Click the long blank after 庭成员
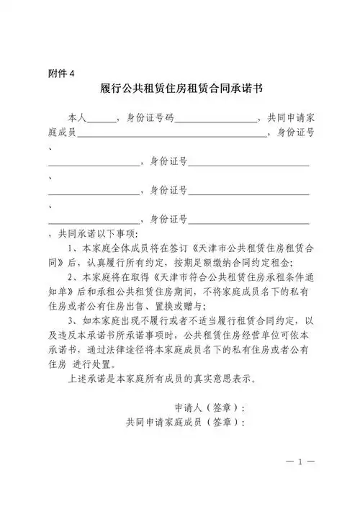pos(172,133)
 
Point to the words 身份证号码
pos(149,117)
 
